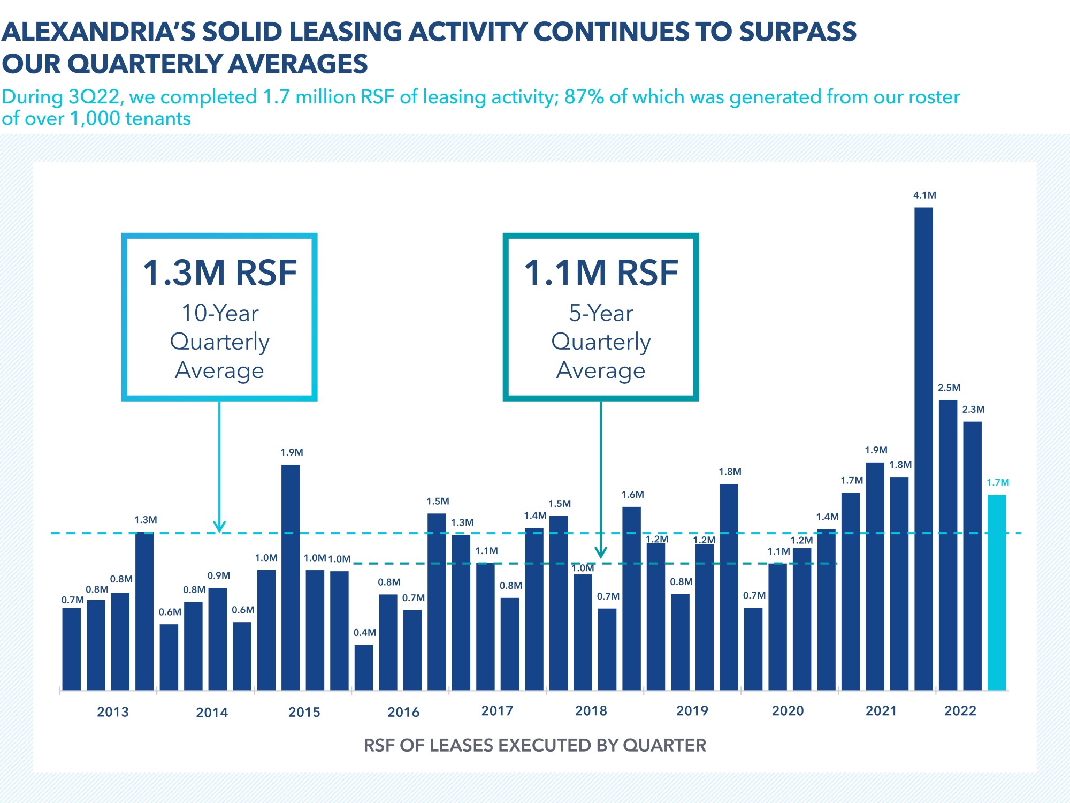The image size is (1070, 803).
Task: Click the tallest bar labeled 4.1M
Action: click(923, 449)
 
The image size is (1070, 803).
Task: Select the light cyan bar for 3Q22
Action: click(997, 593)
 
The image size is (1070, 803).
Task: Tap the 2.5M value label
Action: click(949, 388)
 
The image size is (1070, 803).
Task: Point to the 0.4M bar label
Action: click(365, 633)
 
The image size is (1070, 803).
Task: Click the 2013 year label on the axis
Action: click(113, 712)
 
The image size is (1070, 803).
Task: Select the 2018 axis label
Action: click(591, 711)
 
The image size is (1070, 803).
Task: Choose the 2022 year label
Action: click(960, 711)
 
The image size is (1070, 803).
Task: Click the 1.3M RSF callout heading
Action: click(220, 272)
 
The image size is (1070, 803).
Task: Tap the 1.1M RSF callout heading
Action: click(601, 272)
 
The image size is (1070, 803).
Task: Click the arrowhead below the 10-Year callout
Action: click(219, 527)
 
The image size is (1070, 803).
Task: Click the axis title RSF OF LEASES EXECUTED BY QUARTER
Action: click(535, 745)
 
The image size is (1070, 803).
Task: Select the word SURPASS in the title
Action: click(798, 32)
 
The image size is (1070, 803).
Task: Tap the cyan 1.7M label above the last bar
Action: click(998, 482)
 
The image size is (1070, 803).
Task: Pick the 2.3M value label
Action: click(974, 410)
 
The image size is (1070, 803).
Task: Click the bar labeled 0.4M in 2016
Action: click(364, 668)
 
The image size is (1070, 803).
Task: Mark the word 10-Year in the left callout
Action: click(220, 313)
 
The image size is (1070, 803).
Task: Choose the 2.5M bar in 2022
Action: click(948, 545)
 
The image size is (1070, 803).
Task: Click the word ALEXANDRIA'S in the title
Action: click(99, 32)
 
